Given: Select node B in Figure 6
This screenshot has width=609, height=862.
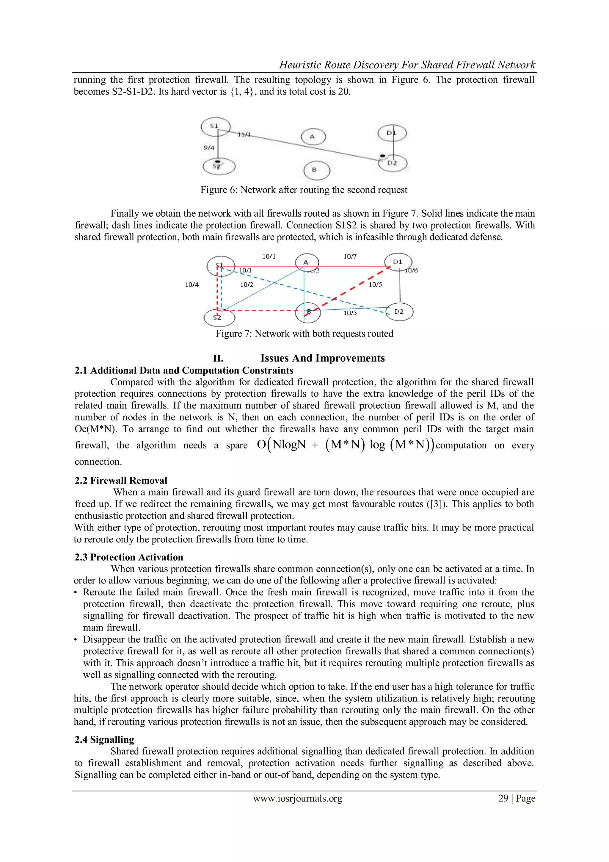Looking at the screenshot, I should [x=316, y=170].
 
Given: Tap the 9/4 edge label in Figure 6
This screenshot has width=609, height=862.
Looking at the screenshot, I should [x=209, y=148].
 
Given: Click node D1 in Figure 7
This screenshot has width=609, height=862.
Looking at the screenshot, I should [x=398, y=262].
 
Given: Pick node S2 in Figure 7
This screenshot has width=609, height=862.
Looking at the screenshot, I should [x=219, y=317].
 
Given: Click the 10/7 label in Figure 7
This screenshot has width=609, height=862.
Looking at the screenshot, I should [x=350, y=256].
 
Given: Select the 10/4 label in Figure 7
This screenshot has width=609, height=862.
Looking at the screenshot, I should [x=192, y=284].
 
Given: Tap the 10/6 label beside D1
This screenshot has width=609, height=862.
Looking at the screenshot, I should [x=412, y=270].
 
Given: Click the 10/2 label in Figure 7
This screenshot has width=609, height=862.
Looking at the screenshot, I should [x=247, y=284].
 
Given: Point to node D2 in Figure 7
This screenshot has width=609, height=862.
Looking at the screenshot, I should [x=399, y=312].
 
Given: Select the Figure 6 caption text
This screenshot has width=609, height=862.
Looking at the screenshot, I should [x=304, y=190].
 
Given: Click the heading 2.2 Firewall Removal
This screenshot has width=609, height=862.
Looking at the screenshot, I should [x=121, y=481].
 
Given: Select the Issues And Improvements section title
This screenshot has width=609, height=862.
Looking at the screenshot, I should [x=322, y=358].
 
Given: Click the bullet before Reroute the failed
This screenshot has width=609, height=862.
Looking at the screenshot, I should [x=76, y=592].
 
